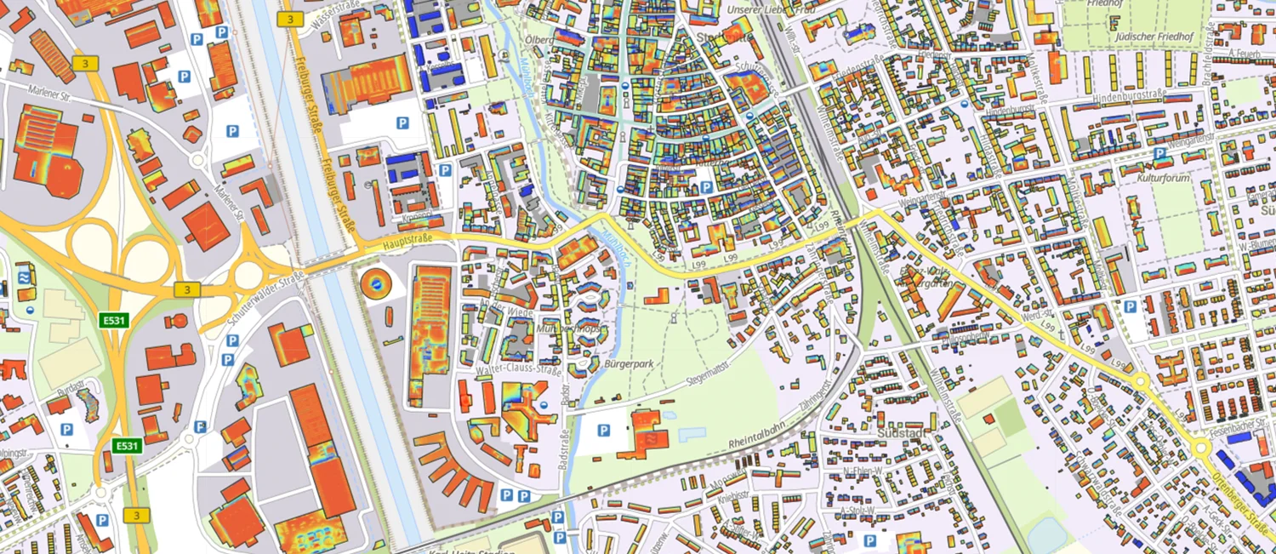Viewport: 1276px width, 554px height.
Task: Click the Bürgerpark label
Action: coord(628,363)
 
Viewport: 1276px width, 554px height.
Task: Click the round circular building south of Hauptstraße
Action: coord(372,283)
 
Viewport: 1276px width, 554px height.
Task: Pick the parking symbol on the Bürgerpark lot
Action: coord(603,431)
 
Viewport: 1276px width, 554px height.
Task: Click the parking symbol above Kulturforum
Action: coord(1158,154)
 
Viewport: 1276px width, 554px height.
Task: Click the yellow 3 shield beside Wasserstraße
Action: coord(290,18)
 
